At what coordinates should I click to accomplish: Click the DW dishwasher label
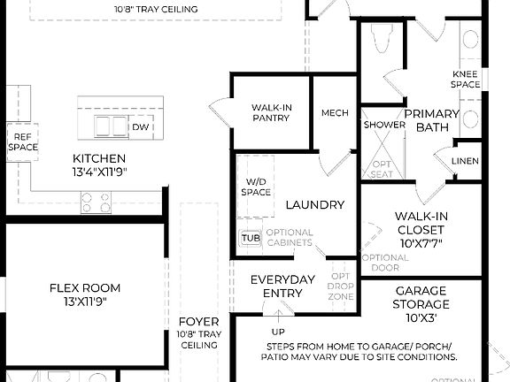pos(140,127)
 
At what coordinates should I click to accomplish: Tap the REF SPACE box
pos(23,141)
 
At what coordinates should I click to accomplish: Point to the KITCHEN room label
pos(92,159)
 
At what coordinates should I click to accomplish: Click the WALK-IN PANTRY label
pos(272,111)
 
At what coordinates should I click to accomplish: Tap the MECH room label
pos(335,113)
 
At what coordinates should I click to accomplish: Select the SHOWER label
pos(384,125)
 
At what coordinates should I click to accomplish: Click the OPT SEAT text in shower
pos(382,169)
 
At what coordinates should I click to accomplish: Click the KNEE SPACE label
pos(466,79)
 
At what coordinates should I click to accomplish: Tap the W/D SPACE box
pos(257,187)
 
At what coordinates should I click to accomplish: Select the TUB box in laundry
pos(251,237)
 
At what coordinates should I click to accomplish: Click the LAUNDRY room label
pos(314,205)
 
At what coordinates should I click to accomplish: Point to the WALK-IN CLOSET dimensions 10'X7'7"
pos(421,242)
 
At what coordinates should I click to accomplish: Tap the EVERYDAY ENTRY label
pos(282,286)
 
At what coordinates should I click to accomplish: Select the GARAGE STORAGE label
pos(421,298)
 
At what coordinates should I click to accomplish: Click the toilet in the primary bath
pos(382,39)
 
